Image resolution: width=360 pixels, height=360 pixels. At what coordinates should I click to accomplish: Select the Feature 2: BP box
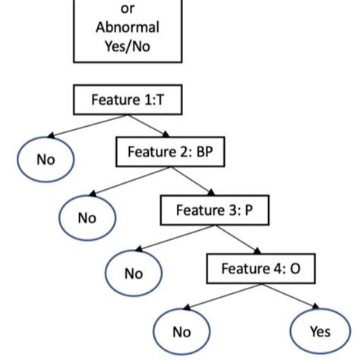tap(169, 152)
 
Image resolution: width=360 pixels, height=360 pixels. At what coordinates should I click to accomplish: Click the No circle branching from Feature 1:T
tap(46, 159)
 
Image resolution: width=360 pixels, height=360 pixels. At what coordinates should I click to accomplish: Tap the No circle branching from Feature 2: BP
tap(87, 218)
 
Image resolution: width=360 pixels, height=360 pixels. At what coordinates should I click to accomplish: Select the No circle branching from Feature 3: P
tap(134, 273)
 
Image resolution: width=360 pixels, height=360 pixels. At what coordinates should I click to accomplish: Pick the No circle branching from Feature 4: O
tap(181, 331)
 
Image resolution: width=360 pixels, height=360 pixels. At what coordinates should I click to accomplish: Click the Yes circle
tap(319, 331)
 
